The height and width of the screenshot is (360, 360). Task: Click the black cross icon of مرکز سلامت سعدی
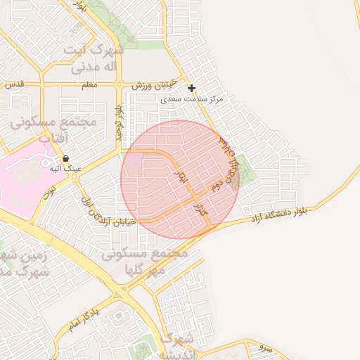tap(191, 88)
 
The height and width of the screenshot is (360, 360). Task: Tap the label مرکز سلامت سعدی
tap(191, 100)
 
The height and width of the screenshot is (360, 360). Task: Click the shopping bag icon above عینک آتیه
tap(65, 158)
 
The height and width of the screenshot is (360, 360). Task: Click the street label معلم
tap(89, 85)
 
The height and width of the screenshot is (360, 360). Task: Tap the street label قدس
tap(14, 84)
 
